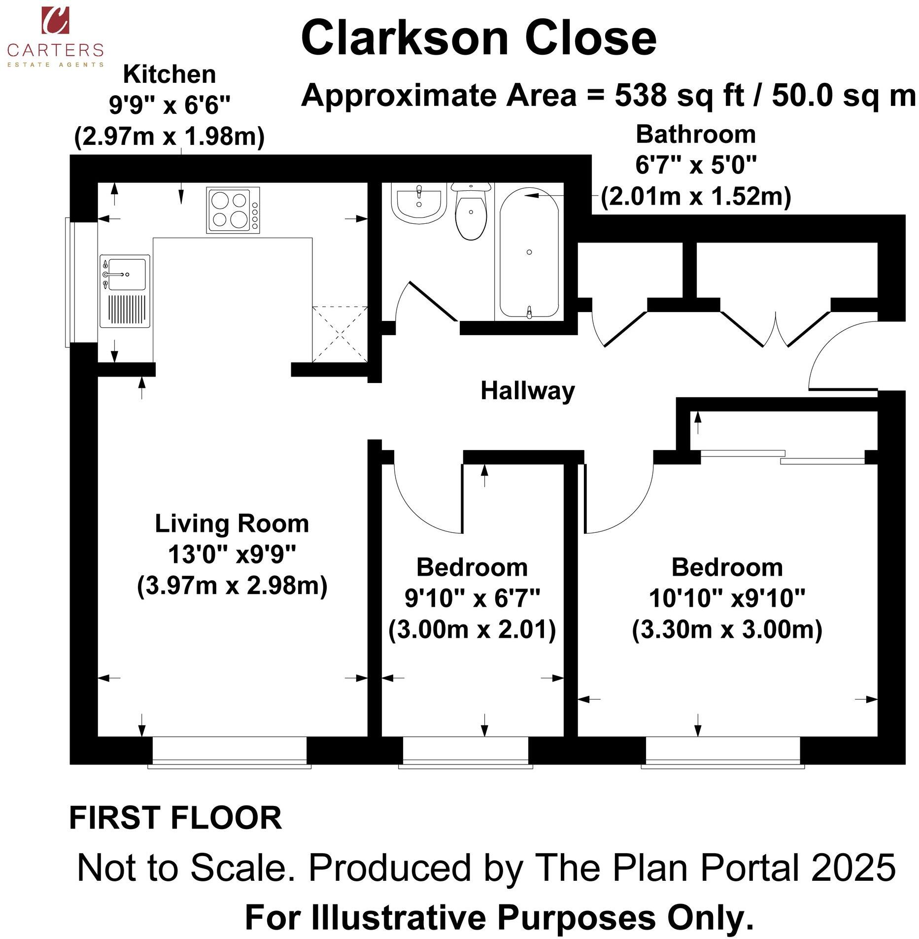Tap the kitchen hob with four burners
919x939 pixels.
[x=233, y=210]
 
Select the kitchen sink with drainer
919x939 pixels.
[x=125, y=291]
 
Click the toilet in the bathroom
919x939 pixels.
[x=471, y=212]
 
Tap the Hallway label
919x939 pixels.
[x=527, y=391]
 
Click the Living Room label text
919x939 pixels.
[x=232, y=523]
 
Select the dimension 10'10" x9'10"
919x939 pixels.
[x=726, y=598]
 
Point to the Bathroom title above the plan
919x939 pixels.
[x=695, y=135]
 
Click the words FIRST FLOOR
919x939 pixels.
[x=175, y=818]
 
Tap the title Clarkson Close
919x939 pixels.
[x=478, y=38]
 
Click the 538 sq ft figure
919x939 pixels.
[x=678, y=95]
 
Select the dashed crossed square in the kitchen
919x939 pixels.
[x=340, y=334]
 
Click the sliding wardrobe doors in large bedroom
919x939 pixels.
[x=783, y=457]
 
